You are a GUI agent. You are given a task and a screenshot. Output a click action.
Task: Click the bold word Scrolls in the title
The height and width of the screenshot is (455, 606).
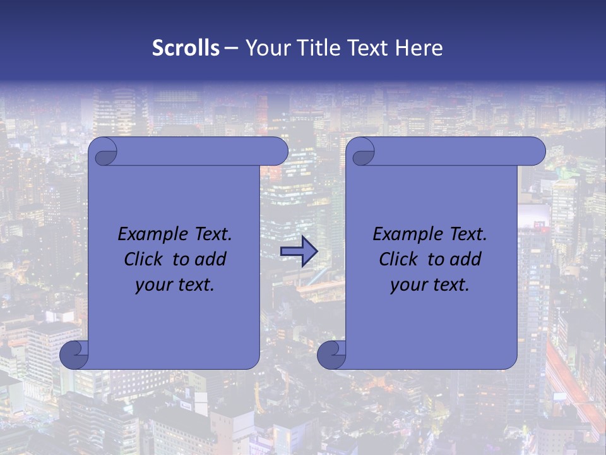point(186,48)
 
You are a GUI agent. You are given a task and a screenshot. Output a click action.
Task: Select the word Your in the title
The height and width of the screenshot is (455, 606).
point(266,48)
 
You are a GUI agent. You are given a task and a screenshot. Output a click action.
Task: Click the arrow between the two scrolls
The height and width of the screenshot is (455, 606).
point(299,252)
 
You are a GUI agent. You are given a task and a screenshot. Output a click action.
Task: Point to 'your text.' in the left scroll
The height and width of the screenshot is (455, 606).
point(175,285)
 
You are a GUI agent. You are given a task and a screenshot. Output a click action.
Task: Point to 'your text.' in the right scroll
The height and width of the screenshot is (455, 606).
point(430,285)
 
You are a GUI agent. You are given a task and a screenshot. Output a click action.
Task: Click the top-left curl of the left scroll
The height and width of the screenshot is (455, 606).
point(103,152)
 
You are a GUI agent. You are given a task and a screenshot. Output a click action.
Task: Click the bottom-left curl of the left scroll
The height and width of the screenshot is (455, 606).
point(74,355)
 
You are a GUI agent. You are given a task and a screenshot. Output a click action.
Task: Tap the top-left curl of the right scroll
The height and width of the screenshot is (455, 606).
point(360,152)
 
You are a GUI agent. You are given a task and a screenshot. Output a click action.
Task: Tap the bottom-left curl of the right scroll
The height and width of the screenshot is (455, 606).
point(331,355)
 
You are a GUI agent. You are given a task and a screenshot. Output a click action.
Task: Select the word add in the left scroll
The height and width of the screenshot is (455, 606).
point(211,259)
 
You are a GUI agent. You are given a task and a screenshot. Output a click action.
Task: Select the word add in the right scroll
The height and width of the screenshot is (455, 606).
point(466,259)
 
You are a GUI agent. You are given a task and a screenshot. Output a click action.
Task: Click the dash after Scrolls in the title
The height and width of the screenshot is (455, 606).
point(231,49)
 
